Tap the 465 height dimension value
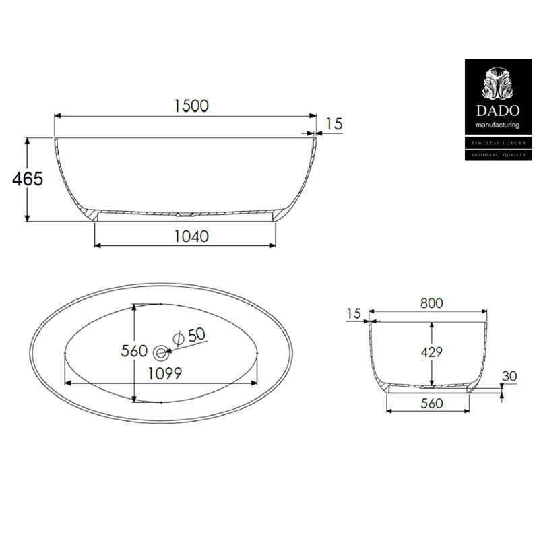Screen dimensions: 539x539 point(28,179)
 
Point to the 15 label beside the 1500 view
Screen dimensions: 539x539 point(334,123)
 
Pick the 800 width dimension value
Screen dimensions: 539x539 point(431,303)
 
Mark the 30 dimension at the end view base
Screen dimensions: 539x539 point(509,376)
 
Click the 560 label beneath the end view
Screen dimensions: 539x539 point(431,403)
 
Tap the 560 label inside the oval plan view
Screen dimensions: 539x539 point(133,351)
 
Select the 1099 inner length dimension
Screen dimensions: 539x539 point(164,373)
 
